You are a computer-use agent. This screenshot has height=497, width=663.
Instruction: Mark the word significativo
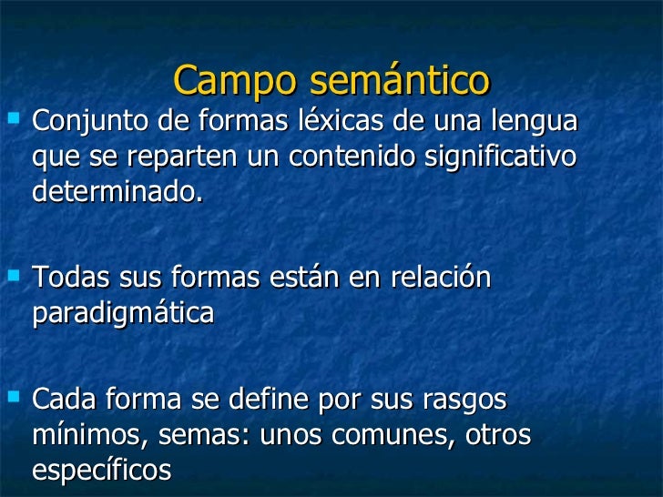(504, 157)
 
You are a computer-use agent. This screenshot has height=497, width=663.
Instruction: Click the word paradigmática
(123, 314)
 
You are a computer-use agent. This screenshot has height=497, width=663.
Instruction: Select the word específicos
(101, 471)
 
